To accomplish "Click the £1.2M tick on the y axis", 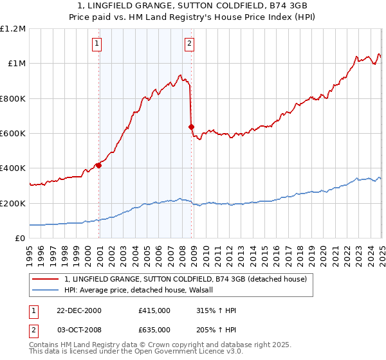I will (13, 28).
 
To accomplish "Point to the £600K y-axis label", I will (13, 133).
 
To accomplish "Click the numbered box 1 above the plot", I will (96, 44).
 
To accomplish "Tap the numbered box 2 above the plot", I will (190, 44).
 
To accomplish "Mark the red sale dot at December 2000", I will (98, 165).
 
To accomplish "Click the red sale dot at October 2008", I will (191, 127).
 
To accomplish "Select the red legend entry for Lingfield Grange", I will (186, 279).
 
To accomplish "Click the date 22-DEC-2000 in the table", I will (79, 310).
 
